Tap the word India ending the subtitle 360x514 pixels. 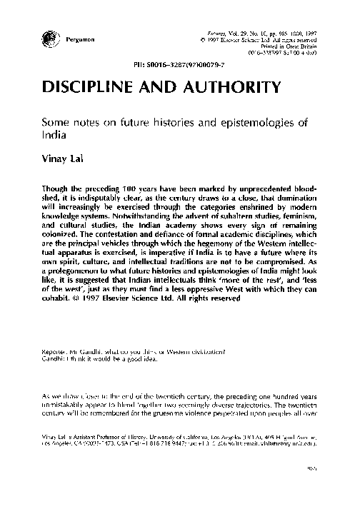pyautogui.click(x=56, y=134)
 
